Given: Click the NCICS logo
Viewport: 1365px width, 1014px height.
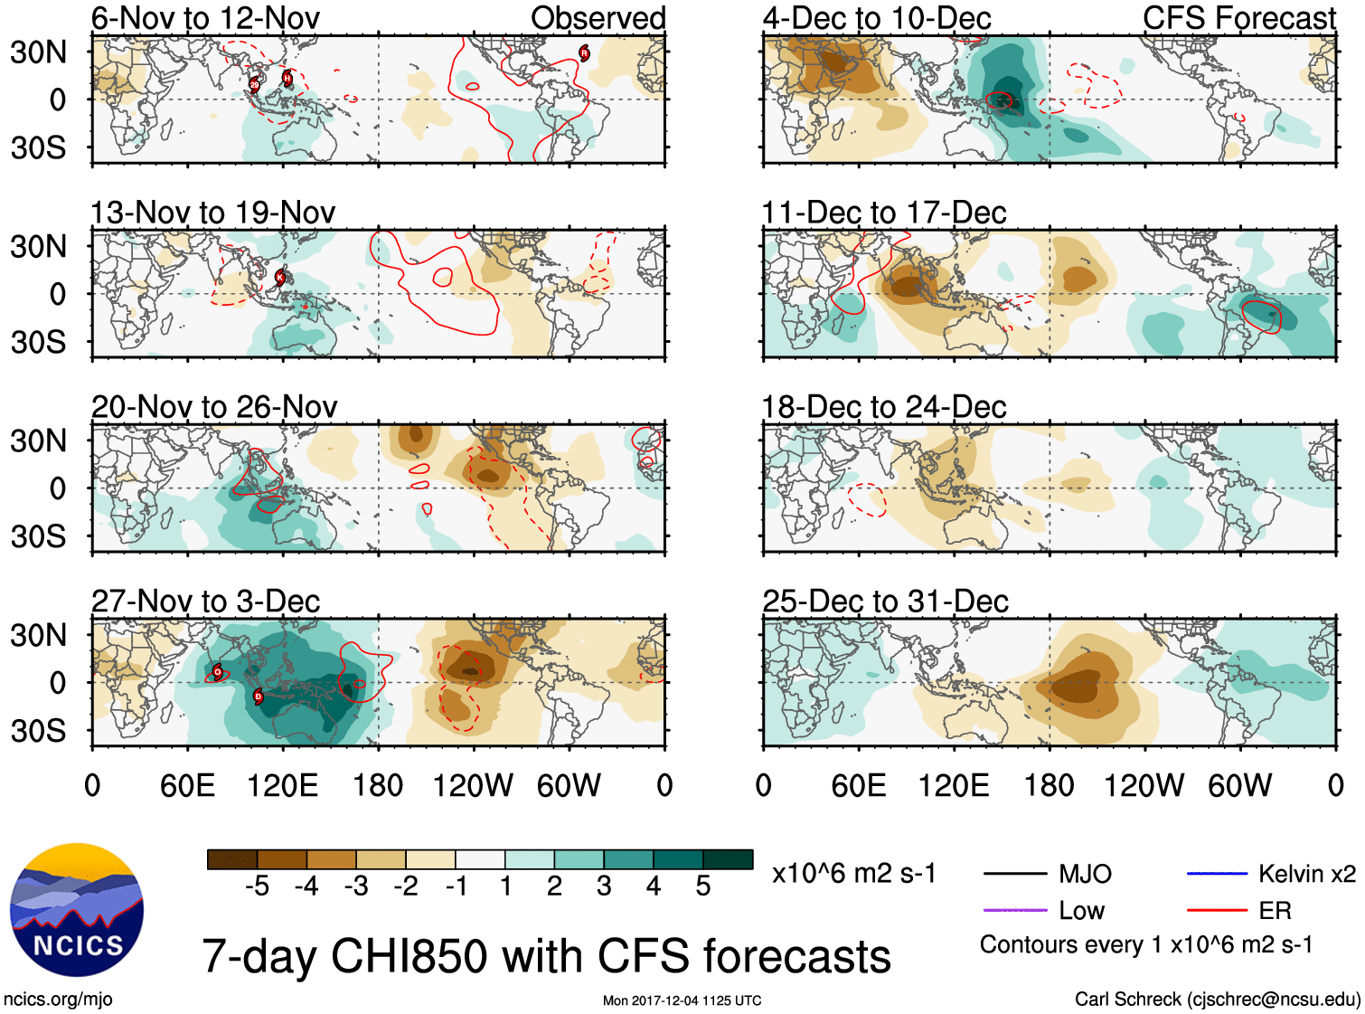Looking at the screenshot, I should [77, 909].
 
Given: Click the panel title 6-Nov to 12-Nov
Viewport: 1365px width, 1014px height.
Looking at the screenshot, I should [205, 18].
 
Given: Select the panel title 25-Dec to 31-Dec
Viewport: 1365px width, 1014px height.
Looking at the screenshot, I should [885, 602].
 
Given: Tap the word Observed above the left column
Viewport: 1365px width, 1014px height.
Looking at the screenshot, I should [598, 18].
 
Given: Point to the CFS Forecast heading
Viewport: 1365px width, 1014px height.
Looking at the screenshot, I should [1238, 18].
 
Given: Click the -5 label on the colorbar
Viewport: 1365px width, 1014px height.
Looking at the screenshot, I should [257, 886].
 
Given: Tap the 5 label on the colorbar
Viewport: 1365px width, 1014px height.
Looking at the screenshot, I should [703, 886].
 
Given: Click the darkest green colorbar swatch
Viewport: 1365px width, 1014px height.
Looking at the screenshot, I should [728, 859].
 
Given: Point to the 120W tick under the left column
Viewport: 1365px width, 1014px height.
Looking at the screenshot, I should [473, 785].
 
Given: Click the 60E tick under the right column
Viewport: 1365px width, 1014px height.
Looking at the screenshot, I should [858, 785].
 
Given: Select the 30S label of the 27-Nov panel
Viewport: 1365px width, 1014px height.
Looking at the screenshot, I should [39, 731].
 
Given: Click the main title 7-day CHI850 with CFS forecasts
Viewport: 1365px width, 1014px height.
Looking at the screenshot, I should [546, 957].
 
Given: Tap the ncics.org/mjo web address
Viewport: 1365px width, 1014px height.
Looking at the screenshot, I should [58, 999].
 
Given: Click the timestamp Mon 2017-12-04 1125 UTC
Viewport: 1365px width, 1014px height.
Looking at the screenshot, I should [682, 1000].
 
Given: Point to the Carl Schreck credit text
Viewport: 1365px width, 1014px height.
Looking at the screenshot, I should [1217, 999].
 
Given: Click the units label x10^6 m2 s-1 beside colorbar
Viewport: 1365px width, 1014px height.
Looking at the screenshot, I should [853, 874].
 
